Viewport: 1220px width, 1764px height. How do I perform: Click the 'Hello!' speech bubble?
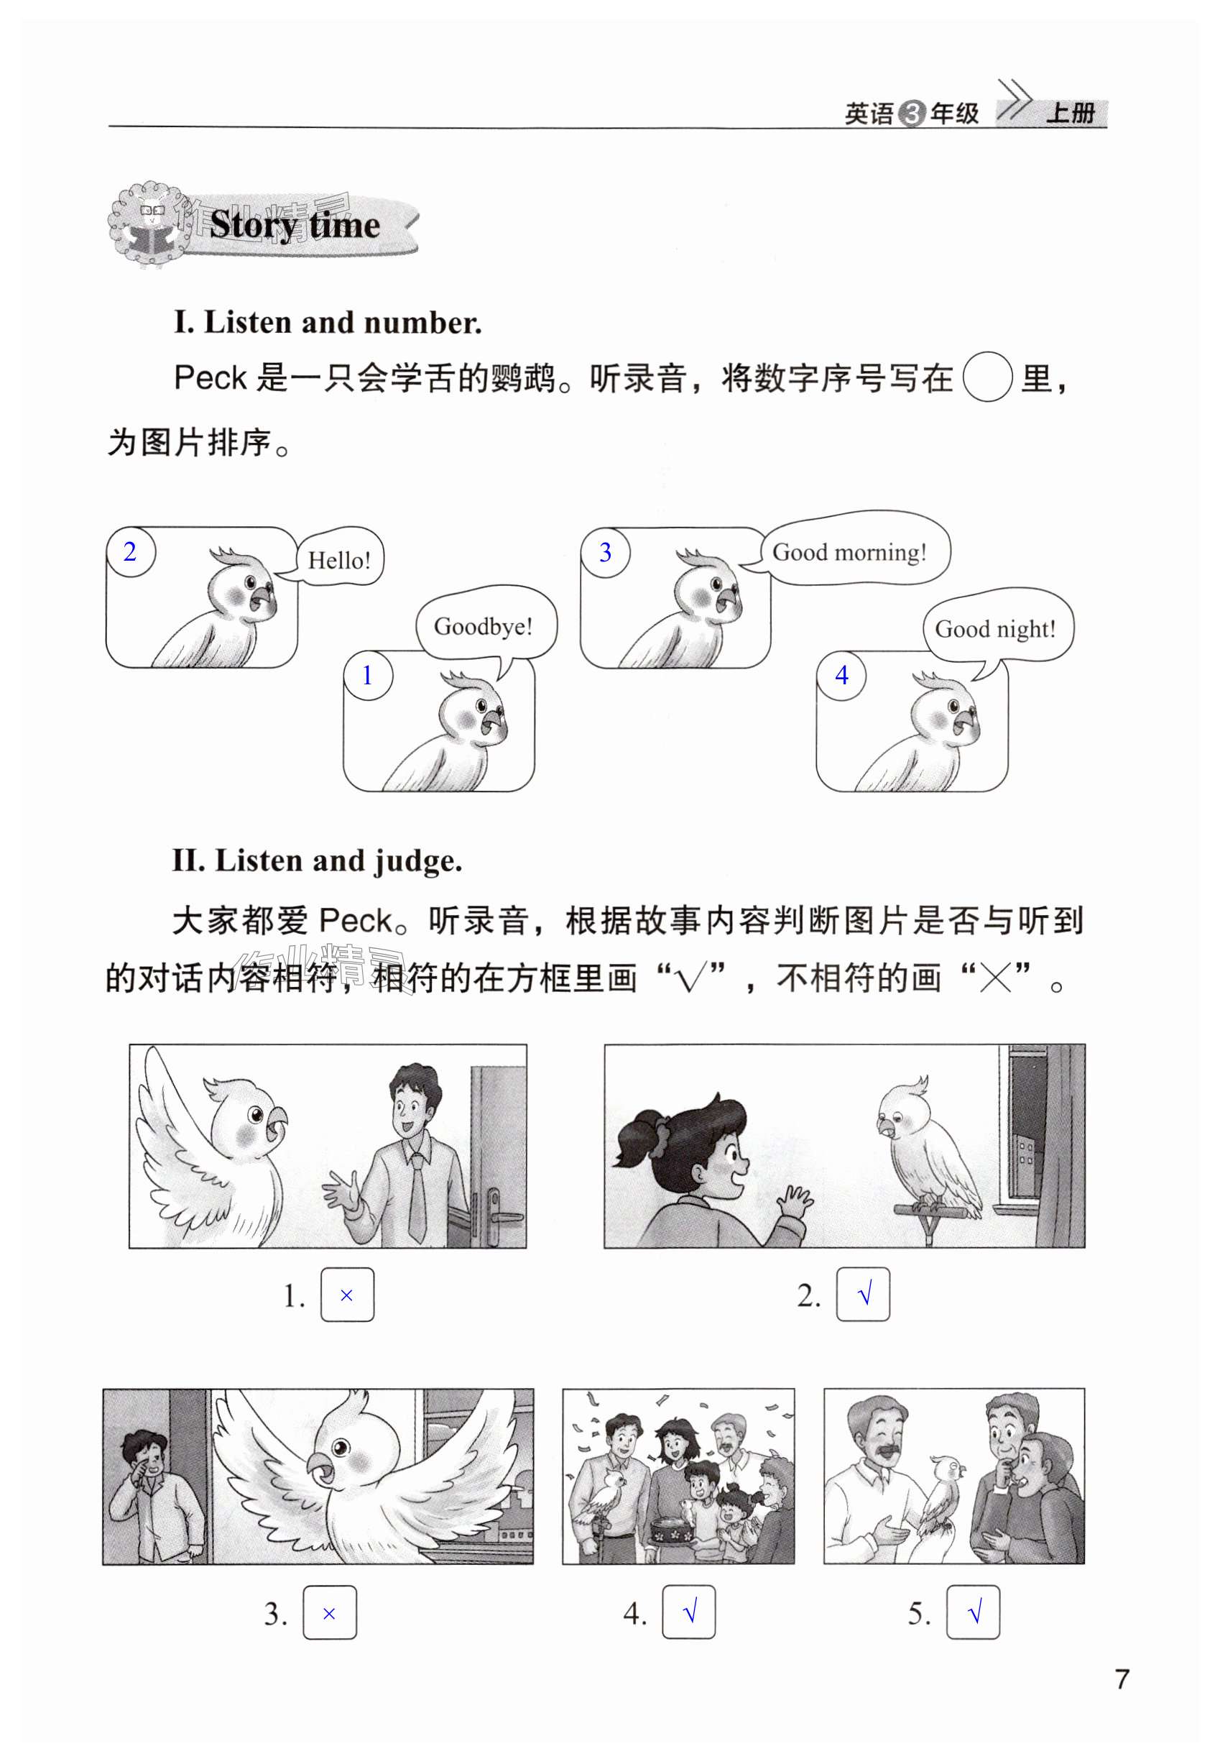point(338,559)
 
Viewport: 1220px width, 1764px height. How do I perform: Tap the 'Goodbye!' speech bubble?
point(486,624)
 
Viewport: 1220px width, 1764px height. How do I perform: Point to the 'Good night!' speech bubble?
point(997,627)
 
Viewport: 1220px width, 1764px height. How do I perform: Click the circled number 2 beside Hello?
point(131,552)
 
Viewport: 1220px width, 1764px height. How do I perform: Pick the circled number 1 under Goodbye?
point(368,675)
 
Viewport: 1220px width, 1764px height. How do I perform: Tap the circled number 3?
point(605,552)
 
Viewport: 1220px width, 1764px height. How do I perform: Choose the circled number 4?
point(841,675)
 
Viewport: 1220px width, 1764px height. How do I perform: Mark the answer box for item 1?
point(347,1295)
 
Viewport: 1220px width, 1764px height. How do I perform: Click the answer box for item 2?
point(863,1295)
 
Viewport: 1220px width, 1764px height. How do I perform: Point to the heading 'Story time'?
point(295,225)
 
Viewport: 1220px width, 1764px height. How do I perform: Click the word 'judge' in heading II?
point(417,861)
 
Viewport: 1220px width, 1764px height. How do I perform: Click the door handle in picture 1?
point(498,1216)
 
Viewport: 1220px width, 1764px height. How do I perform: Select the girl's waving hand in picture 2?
point(794,1204)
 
